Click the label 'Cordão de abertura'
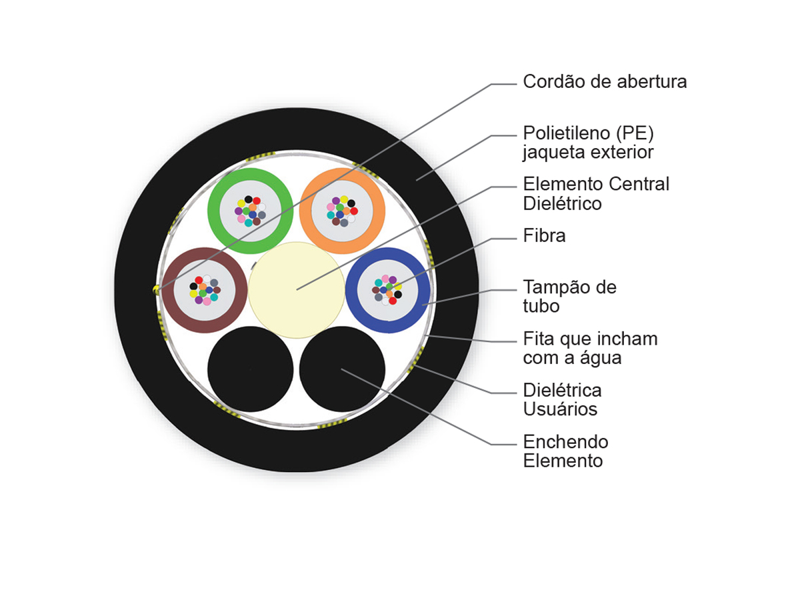click(x=604, y=81)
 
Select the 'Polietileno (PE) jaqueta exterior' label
click(x=588, y=143)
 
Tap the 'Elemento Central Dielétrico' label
click(x=596, y=193)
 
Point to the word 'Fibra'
click(x=544, y=235)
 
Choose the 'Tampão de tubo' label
click(x=569, y=296)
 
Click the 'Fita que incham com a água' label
click(x=590, y=347)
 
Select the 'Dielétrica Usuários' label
click(x=563, y=399)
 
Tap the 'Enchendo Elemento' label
click(x=565, y=451)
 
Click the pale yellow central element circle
click(x=296, y=290)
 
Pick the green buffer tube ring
click(x=213, y=211)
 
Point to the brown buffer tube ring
click(x=167, y=291)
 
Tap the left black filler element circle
click(x=251, y=369)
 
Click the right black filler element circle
click(x=342, y=369)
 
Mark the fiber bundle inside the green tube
click(x=251, y=211)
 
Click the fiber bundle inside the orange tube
click(x=342, y=211)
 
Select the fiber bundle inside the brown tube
click(x=205, y=290)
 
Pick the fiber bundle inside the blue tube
click(x=387, y=290)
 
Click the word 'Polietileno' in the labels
click(x=567, y=133)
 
